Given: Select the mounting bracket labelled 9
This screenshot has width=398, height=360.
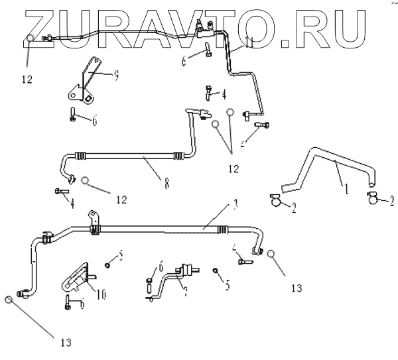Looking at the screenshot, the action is (x=87, y=83).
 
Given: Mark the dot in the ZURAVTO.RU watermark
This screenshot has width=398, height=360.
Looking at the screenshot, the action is (x=287, y=44).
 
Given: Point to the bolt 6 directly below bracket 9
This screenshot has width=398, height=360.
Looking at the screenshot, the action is (x=72, y=115).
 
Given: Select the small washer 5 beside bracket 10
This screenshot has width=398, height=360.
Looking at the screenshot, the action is (x=106, y=265).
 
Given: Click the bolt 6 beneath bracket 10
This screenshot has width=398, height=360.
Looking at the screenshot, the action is (x=68, y=302).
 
